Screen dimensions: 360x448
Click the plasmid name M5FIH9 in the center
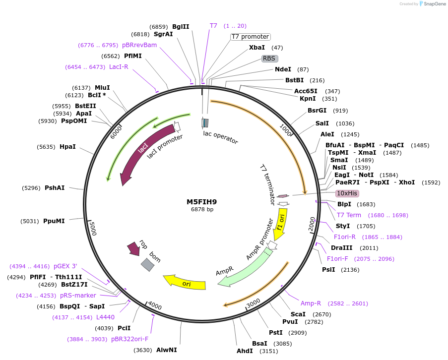pyautogui.click(x=201, y=202)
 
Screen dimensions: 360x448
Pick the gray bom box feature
pyautogui.click(x=147, y=265)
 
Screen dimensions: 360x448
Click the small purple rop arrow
pyautogui.click(x=133, y=248)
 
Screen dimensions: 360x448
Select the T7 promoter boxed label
pyautogui.click(x=251, y=37)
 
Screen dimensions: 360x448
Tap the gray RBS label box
pyautogui.click(x=269, y=59)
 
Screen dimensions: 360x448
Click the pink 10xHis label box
pyautogui.click(x=347, y=193)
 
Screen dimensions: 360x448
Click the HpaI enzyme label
pyautogui.click(x=67, y=147)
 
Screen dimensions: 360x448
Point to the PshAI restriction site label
pyautogui.click(x=55, y=188)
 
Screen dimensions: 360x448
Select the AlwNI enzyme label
pyautogui.click(x=166, y=350)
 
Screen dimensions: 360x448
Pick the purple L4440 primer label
pyautogui.click(x=105, y=317)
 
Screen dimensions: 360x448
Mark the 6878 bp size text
pyautogui.click(x=202, y=210)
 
